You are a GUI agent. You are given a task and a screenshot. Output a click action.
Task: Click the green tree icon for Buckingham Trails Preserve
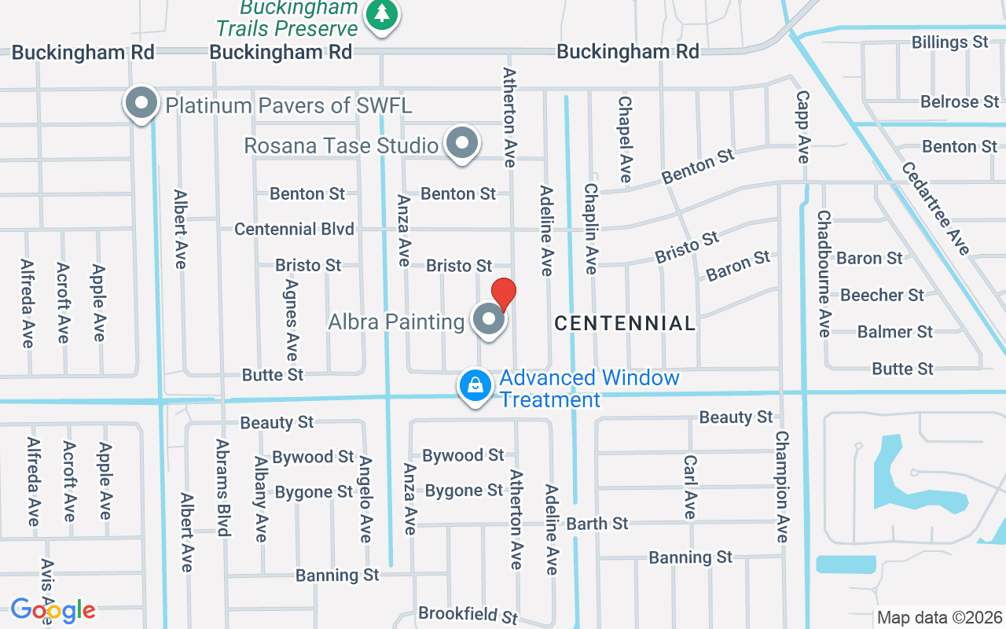coord(382,13)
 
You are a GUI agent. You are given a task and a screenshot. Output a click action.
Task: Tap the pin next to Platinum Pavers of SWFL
coord(141,103)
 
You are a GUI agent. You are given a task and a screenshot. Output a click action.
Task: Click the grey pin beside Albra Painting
coord(489,320)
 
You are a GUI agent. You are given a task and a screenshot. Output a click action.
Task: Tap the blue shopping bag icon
coord(475,386)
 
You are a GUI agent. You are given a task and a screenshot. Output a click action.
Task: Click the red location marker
coord(503,295)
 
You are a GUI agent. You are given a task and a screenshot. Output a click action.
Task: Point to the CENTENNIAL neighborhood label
coord(625,323)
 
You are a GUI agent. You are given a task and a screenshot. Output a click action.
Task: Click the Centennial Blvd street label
coord(295,230)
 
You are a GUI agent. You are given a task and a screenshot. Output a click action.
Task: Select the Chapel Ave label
coord(626,139)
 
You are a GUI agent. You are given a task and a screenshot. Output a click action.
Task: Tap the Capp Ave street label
coord(802,127)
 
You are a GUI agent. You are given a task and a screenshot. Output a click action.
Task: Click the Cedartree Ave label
coord(935,208)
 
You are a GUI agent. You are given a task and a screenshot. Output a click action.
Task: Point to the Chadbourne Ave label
coord(824,273)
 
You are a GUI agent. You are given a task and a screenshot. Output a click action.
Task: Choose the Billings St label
coord(949,42)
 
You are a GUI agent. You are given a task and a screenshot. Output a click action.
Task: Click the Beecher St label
coord(882,296)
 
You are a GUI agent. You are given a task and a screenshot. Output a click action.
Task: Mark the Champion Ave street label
coord(782,486)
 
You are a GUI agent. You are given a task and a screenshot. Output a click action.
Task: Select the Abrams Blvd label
coord(222,487)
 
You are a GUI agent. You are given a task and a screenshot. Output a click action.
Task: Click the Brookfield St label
coord(468,614)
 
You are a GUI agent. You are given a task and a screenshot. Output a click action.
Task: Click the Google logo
coord(53,610)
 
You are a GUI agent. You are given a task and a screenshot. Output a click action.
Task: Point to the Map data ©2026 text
coord(940,617)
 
